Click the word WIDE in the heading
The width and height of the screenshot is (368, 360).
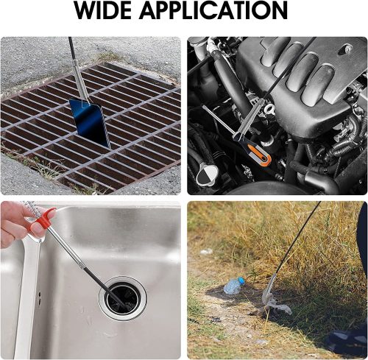[103, 10]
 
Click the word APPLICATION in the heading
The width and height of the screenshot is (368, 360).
[213, 10]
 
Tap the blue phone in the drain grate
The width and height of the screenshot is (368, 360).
[90, 122]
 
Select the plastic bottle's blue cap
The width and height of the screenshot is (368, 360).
[241, 280]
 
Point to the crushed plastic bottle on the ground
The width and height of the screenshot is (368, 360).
[234, 285]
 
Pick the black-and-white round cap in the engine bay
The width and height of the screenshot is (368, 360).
[207, 175]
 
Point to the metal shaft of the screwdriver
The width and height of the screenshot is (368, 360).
[219, 121]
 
